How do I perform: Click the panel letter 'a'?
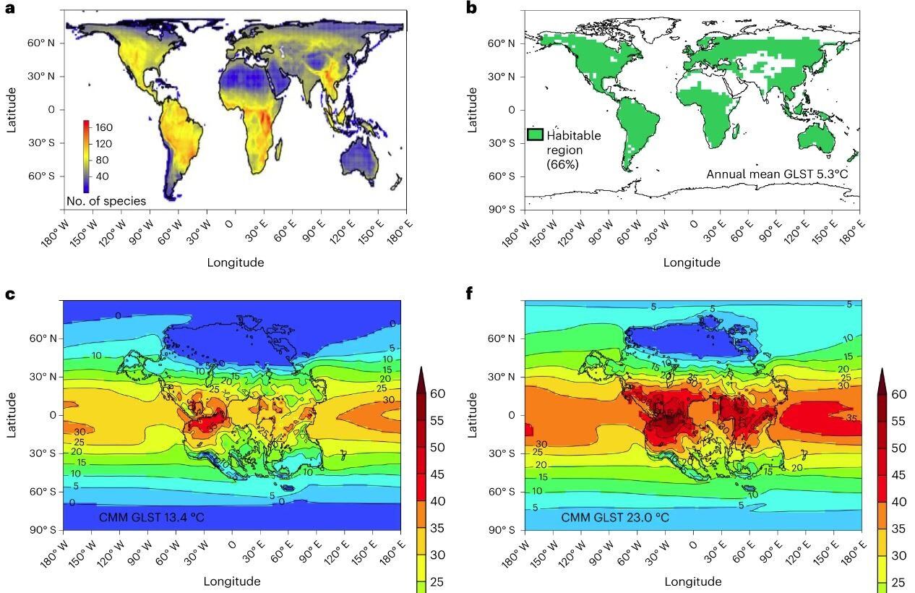pyautogui.click(x=9, y=8)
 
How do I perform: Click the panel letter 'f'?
pyautogui.click(x=471, y=293)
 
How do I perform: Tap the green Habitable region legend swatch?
pyautogui.click(x=535, y=135)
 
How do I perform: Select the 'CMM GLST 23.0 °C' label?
pyautogui.click(x=615, y=518)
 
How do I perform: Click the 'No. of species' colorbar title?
pyautogui.click(x=106, y=201)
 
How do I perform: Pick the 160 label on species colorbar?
pyautogui.click(x=104, y=127)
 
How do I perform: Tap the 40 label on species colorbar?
pyautogui.click(x=102, y=176)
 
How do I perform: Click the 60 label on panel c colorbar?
pyautogui.click(x=437, y=394)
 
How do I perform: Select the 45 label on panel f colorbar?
pyautogui.click(x=898, y=475)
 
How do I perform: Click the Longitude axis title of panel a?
pyautogui.click(x=235, y=263)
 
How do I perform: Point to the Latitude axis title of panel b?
pyautogui.click(x=473, y=109)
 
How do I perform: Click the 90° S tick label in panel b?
pyautogui.click(x=502, y=210)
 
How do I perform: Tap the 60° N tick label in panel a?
pyautogui.click(x=41, y=43)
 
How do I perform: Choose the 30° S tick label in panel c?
pyautogui.click(x=41, y=453)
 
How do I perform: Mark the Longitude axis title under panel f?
pyautogui.click(x=692, y=581)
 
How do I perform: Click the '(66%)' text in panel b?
pyautogui.click(x=562, y=163)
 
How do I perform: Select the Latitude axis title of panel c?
pyautogui.click(x=11, y=415)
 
